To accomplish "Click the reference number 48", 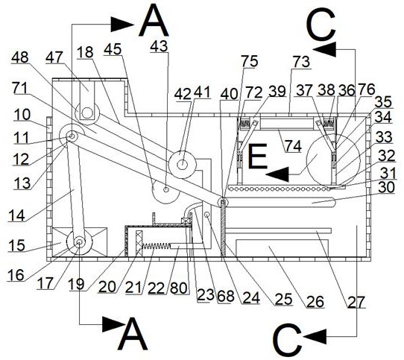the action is [20, 57].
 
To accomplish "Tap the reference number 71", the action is [20, 88].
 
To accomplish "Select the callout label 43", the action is [159, 46].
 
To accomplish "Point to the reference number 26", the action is [315, 301].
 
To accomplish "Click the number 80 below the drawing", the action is [179, 288].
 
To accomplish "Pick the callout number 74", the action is [294, 146].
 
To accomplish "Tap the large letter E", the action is [257, 157].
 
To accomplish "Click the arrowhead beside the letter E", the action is [277, 174].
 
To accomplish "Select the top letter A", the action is [154, 22].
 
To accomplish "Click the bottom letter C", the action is [287, 340].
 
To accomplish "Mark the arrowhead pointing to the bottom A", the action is [112, 324].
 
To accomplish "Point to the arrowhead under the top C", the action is [325, 49].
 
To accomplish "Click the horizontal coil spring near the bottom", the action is [156, 246].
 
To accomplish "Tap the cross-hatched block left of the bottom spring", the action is [139, 244].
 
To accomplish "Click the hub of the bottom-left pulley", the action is [79, 242].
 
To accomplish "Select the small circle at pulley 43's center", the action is [166, 190].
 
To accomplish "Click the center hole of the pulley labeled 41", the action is [183, 164].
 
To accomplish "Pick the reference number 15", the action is [16, 245].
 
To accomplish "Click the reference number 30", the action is [386, 187].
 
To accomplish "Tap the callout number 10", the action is [22, 115].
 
